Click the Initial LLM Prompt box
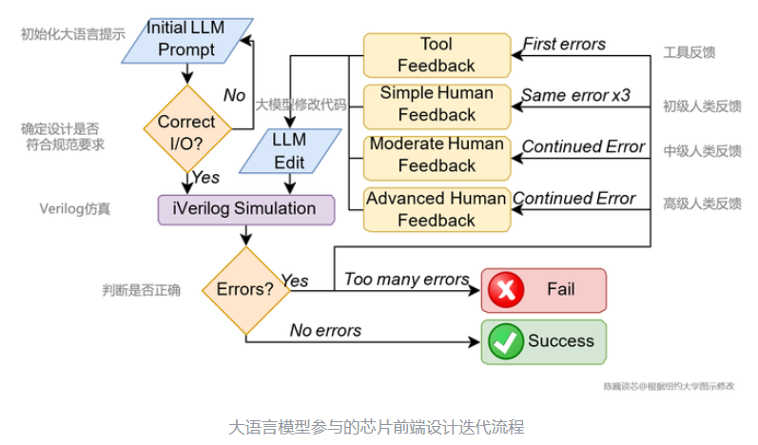coord(186,39)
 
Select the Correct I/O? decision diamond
coord(186,131)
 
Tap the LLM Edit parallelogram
coord(289,151)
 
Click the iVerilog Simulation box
coord(245,209)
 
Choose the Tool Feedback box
coord(436,55)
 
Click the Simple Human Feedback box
coord(436,104)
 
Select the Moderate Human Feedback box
coord(436,155)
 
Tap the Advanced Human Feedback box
coord(436,209)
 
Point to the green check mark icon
coord(506,341)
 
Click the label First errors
coord(564,44)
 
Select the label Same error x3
coord(574,95)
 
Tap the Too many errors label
coord(406,279)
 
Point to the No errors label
coord(325,330)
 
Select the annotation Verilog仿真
coord(74,208)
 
